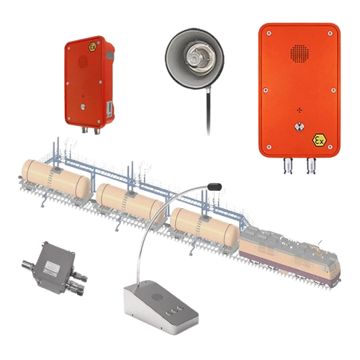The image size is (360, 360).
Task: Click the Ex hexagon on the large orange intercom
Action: click(x=320, y=140)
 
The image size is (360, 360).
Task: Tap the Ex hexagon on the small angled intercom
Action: click(x=92, y=47)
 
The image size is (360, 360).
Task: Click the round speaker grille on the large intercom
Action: click(x=300, y=53)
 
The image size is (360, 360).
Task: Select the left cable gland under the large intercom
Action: click(x=288, y=166)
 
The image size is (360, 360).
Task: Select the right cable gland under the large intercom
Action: click(x=311, y=166)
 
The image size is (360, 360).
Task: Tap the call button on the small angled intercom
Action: click(x=83, y=107)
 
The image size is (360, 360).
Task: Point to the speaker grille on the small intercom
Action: click(x=83, y=61)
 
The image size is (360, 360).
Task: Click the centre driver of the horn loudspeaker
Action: click(x=197, y=57)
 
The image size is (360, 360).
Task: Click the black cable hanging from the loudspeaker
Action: click(x=208, y=110)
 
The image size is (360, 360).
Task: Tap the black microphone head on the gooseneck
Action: click(x=215, y=186)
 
